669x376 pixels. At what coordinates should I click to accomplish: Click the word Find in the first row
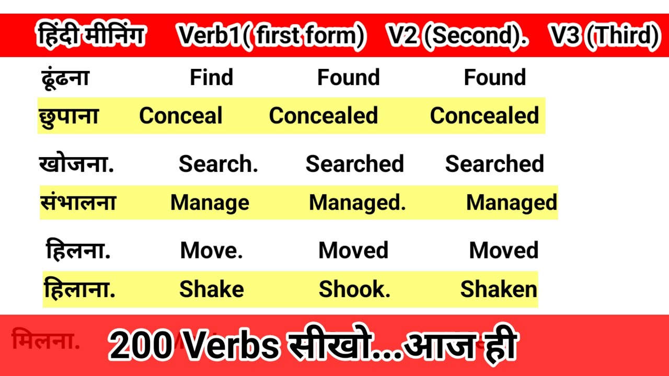point(211,78)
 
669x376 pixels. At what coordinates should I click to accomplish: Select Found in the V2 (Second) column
point(349,78)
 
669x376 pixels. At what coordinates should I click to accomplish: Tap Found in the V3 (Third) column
point(495,78)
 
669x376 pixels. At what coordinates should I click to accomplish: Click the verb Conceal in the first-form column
point(181,116)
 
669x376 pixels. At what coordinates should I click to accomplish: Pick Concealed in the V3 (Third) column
point(485,116)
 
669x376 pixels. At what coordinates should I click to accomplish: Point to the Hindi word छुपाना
point(68,116)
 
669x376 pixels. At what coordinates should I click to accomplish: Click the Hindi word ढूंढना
point(65,78)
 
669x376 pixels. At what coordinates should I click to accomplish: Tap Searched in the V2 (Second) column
point(355,164)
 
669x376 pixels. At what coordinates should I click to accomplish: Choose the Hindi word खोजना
point(76,164)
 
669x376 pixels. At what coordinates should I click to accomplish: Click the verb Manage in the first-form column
point(210,203)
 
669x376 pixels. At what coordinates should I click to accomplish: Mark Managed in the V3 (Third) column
point(512,203)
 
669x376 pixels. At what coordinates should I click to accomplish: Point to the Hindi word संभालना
point(78,203)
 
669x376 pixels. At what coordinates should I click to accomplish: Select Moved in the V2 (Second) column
point(353,251)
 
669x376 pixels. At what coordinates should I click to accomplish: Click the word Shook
point(354,289)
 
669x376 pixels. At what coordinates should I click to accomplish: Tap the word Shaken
point(499,289)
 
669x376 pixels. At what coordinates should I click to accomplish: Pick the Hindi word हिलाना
point(80,289)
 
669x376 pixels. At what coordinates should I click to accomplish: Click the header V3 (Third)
point(604,36)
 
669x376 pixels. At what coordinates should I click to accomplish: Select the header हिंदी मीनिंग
point(91,36)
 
